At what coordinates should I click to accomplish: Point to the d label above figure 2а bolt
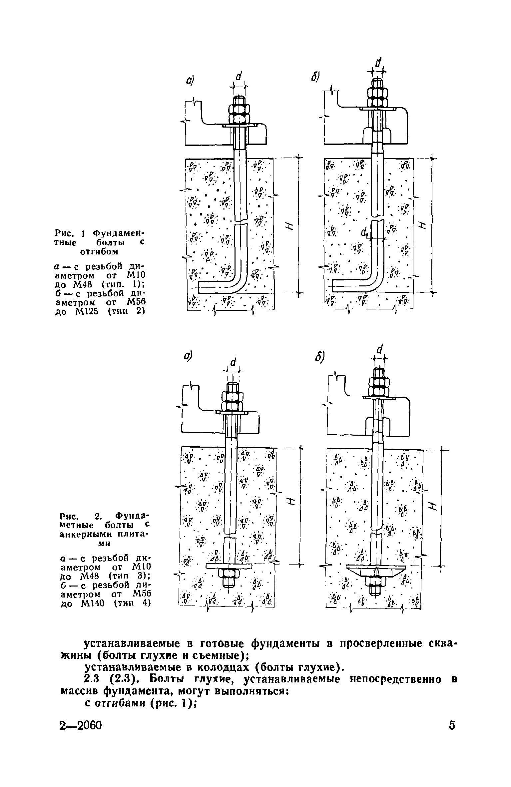point(234,362)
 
